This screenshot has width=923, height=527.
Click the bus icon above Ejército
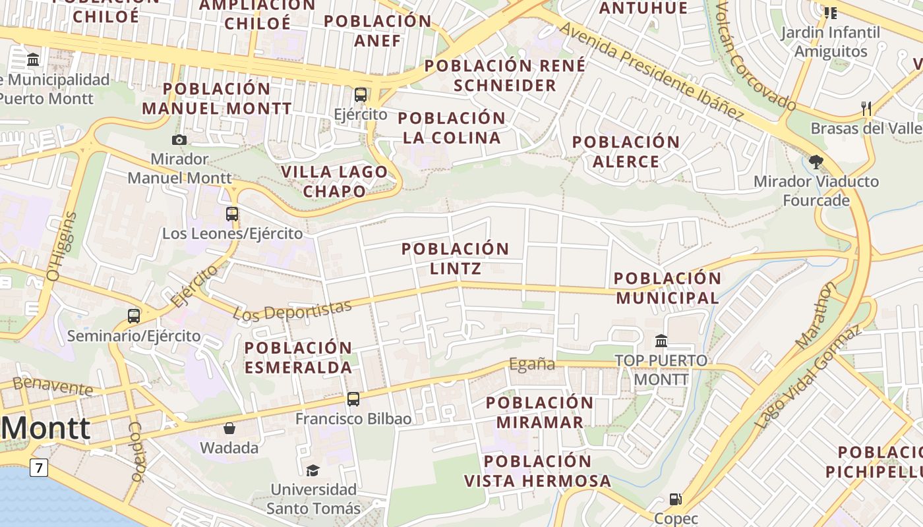(360, 94)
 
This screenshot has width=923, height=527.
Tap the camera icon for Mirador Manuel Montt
(179, 140)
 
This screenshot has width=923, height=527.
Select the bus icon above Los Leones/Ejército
(232, 213)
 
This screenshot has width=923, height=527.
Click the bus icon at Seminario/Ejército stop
(134, 316)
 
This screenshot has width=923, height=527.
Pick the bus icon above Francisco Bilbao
(353, 399)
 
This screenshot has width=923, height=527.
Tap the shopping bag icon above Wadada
(229, 428)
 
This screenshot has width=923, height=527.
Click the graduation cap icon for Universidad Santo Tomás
(313, 470)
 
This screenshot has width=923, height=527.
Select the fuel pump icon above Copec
(675, 499)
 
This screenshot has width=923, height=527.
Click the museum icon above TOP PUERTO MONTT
(661, 341)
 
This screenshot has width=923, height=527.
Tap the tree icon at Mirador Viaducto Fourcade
(816, 161)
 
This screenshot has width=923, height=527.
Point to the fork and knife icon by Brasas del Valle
(866, 108)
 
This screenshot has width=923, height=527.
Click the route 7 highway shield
(39, 468)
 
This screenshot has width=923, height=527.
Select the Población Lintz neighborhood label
(455, 258)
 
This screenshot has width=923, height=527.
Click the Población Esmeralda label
(299, 357)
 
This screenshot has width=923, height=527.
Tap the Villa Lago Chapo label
(334, 181)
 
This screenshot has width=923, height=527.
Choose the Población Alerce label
(626, 152)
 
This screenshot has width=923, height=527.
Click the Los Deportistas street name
(293, 310)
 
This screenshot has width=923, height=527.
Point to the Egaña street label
(532, 364)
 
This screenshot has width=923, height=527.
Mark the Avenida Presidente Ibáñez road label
(651, 72)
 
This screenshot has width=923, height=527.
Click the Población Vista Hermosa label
(537, 471)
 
